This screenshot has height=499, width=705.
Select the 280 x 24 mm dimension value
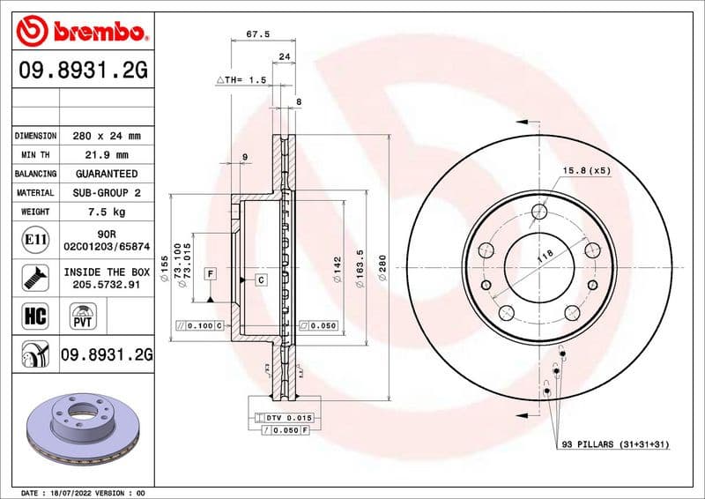[x=106, y=136]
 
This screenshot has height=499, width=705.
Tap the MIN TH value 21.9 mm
[x=106, y=155]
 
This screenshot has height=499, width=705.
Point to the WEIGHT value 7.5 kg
[x=106, y=212]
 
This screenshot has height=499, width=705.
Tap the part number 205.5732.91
[x=106, y=286]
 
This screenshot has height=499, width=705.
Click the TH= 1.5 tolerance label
[x=241, y=79]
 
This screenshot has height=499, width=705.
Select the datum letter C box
[x=262, y=279]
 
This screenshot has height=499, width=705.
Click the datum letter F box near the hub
[x=211, y=274]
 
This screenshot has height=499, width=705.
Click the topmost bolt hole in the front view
[x=538, y=211]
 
